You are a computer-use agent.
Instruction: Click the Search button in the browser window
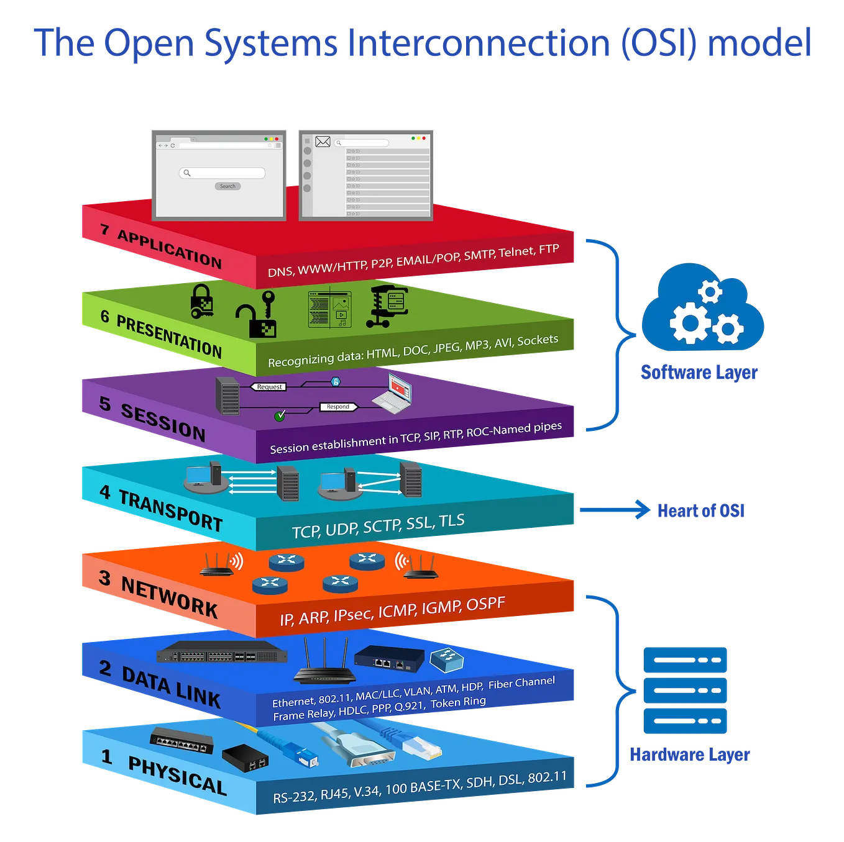[x=227, y=186]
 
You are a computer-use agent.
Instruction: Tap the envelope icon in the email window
[x=323, y=142]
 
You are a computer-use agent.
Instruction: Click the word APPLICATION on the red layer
[x=170, y=248]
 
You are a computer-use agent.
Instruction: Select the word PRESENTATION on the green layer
[x=169, y=336]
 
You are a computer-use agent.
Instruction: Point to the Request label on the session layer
[x=269, y=386]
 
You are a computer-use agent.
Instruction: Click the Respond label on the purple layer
[x=338, y=407]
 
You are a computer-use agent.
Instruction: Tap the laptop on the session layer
[x=392, y=393]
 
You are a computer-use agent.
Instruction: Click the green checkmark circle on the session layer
[x=280, y=415]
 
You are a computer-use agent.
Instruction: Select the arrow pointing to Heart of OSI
[x=615, y=509]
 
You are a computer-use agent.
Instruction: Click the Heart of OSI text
[x=701, y=510]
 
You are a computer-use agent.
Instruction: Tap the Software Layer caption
[x=699, y=372]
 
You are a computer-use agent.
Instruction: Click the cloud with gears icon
[x=702, y=306]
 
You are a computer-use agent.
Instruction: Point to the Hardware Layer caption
[x=690, y=754]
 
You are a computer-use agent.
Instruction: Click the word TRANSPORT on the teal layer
[x=171, y=510]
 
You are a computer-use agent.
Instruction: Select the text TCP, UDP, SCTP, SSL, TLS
[x=378, y=525]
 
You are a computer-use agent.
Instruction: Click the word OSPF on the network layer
[x=486, y=604]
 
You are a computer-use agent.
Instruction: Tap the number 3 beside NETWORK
[x=104, y=577]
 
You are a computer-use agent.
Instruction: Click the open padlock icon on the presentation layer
[x=256, y=314]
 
